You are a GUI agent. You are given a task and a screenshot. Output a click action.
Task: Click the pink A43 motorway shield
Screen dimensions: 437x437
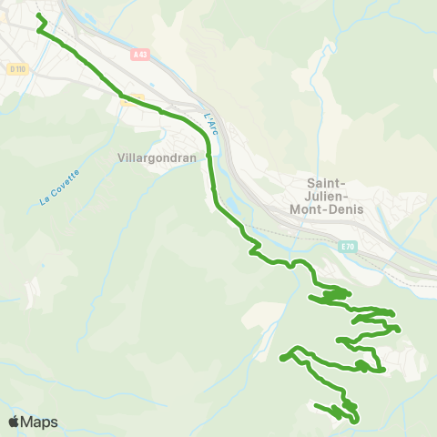pos(139,56)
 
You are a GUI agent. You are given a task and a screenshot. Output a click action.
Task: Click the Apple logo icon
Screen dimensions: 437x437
pos(14,422)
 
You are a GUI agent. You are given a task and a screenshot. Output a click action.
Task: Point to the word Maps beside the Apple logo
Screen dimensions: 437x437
pos(39,422)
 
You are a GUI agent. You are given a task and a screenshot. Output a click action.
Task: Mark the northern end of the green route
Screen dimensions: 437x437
pos(37,15)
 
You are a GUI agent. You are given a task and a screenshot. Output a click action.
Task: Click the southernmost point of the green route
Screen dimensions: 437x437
pos(354,422)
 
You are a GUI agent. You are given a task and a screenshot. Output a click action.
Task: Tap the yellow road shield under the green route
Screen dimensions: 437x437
pos(133,97)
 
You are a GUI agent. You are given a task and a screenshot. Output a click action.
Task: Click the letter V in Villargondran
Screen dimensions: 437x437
pos(122,157)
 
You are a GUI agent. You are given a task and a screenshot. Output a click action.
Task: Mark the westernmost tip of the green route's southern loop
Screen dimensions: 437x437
pos(282,358)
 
